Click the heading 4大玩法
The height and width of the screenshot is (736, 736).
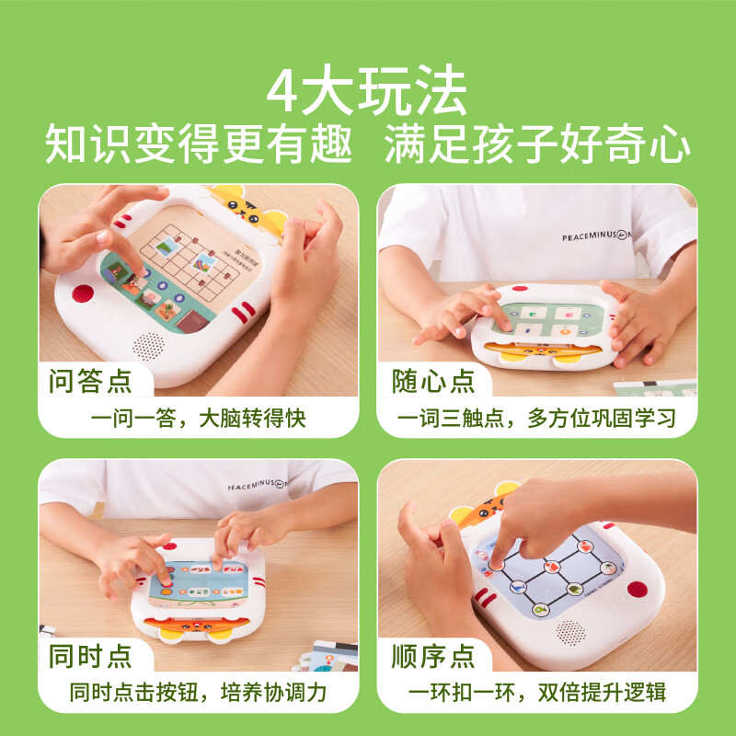coord(367,89)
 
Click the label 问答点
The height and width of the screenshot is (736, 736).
coord(89,379)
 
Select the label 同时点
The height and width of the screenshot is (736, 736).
coord(89,655)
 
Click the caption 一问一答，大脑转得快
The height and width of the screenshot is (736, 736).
coord(198,419)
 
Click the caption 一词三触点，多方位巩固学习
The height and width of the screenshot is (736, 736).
coord(536,419)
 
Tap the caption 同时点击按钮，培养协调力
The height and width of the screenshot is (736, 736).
coord(198,694)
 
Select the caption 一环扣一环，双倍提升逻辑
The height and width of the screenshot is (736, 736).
coord(536,694)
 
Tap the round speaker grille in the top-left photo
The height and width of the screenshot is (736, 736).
coord(149,347)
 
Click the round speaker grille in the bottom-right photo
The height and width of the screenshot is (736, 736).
coord(570,631)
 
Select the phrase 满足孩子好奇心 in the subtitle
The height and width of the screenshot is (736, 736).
coord(537,145)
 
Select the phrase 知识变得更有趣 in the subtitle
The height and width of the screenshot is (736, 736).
coord(199,145)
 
